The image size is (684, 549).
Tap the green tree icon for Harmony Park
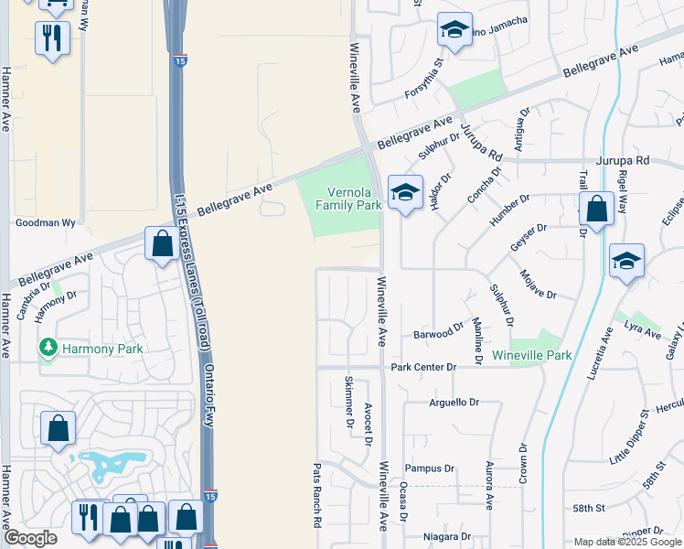47,348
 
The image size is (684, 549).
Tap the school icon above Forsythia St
454,30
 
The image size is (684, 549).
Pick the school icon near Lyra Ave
626,261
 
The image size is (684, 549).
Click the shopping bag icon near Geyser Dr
596,210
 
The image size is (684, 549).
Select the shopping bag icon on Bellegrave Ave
162,243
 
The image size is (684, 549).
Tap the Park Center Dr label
422,367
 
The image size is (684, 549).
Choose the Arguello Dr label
454,402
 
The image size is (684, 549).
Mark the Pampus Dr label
429,468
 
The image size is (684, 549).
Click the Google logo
30,538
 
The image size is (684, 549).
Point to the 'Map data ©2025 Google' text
627,542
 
